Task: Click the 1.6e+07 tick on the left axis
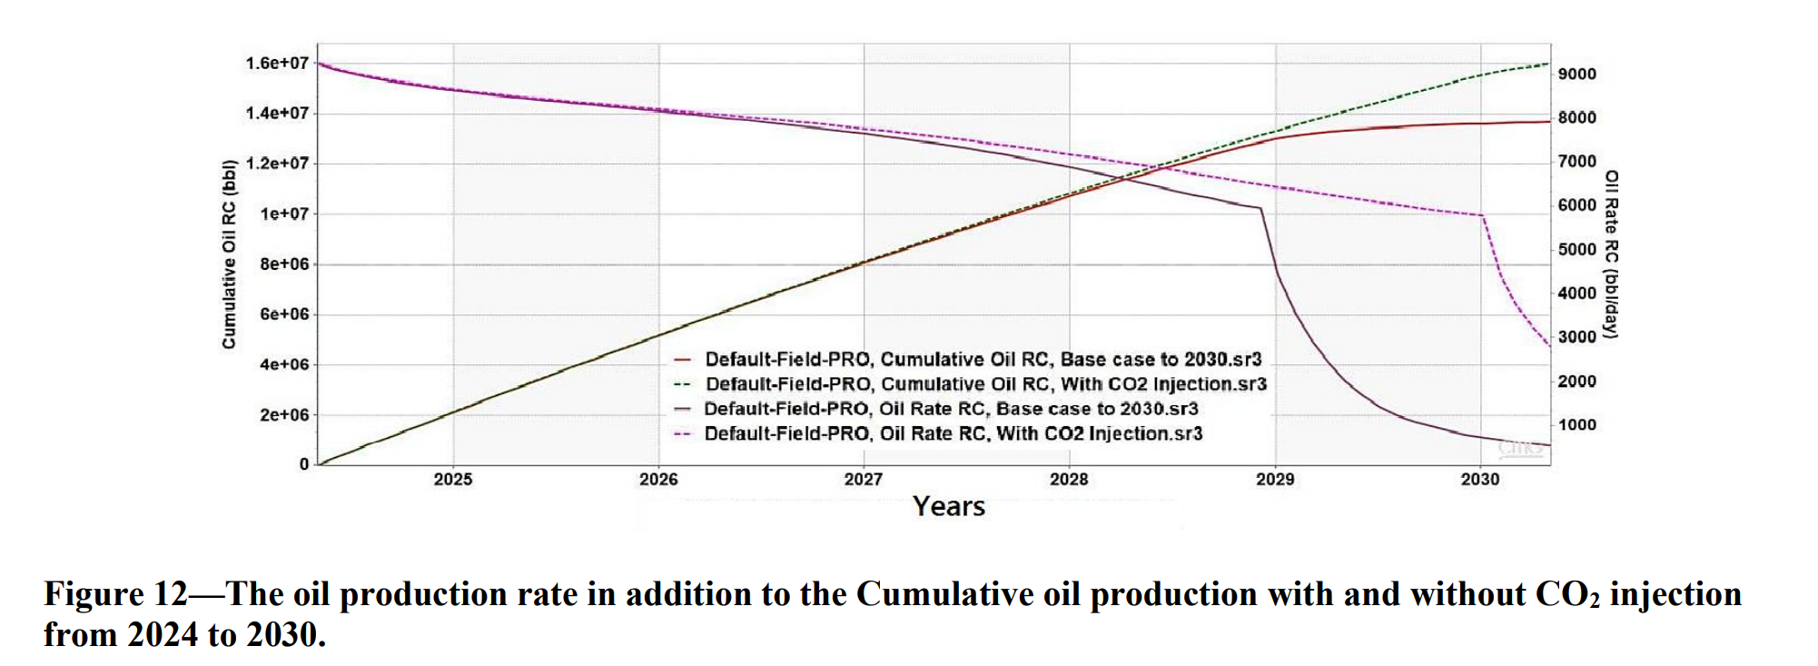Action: coord(277,63)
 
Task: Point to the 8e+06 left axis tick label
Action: coord(284,264)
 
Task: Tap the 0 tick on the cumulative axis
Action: coord(304,464)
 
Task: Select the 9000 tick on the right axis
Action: coord(1577,75)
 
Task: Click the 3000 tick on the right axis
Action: coord(1577,337)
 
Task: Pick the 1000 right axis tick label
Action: coord(1577,425)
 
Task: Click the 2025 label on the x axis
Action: coord(453,480)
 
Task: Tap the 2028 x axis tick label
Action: coord(1069,480)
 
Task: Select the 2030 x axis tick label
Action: coord(1480,480)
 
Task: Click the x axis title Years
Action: coord(949,507)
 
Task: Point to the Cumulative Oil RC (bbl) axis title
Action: coord(229,254)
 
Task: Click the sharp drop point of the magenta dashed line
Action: coord(1483,216)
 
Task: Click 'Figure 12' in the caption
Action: coord(115,594)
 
